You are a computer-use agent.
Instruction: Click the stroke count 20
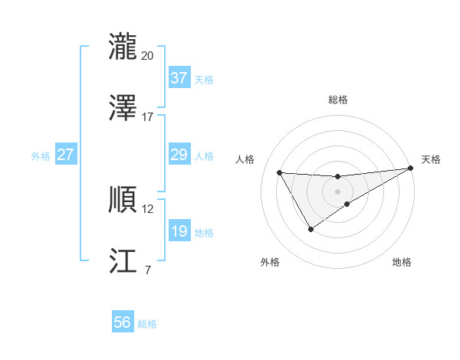(x=147, y=55)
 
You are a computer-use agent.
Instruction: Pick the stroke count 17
(x=147, y=117)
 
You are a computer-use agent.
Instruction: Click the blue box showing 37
(x=179, y=78)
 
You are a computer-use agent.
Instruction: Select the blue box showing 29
(x=179, y=155)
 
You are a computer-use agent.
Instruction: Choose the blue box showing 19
(x=179, y=231)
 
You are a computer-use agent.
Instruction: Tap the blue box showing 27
(x=65, y=155)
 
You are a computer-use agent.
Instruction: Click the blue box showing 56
(x=122, y=322)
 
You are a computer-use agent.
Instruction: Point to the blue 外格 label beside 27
(x=41, y=156)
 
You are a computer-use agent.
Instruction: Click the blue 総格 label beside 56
(x=147, y=324)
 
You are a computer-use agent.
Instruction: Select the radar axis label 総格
(x=338, y=100)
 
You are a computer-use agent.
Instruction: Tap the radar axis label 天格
(x=431, y=159)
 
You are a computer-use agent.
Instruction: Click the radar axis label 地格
(x=402, y=262)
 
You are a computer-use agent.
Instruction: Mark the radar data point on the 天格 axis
(x=412, y=169)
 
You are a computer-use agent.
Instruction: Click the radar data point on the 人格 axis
(x=280, y=172)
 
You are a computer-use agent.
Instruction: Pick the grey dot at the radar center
(x=337, y=191)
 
